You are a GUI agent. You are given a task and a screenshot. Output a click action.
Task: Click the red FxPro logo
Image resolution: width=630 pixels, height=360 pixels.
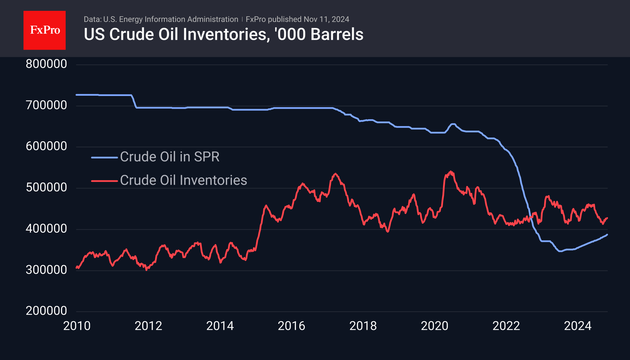[45, 30]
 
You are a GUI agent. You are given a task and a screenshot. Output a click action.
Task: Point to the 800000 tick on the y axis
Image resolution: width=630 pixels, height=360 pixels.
[46, 64]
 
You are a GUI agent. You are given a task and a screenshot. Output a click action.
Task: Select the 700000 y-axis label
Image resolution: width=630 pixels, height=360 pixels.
[46, 105]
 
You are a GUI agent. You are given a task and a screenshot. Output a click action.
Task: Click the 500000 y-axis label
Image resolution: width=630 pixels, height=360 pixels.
[46, 187]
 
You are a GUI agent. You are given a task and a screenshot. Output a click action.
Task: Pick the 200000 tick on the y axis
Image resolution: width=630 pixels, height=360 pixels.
[46, 311]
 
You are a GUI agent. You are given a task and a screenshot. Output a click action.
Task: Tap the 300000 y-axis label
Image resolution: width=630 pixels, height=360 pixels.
[46, 270]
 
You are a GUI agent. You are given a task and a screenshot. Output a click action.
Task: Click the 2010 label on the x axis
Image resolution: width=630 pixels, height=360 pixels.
[77, 326]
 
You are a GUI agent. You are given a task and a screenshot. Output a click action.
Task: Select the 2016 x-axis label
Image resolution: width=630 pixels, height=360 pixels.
[292, 326]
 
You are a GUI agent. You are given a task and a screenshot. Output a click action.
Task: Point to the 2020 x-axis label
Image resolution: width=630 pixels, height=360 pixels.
[435, 326]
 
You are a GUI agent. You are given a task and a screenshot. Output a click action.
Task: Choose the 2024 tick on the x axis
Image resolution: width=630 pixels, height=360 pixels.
[578, 326]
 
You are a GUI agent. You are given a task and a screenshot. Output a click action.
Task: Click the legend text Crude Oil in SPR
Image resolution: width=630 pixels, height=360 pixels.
[170, 157]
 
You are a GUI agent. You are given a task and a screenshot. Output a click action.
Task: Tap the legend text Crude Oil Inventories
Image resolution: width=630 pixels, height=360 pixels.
[184, 180]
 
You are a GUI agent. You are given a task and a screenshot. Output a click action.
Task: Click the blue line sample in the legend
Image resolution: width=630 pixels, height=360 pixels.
[104, 157]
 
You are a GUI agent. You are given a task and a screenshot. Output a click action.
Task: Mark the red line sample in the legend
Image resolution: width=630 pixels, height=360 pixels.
[104, 181]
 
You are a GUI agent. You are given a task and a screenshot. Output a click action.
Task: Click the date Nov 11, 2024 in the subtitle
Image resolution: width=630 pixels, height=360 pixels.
[326, 19]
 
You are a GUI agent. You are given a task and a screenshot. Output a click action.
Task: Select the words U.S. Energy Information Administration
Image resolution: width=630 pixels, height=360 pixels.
[171, 19]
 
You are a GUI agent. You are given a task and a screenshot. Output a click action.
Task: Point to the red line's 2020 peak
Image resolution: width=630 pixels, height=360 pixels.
[451, 172]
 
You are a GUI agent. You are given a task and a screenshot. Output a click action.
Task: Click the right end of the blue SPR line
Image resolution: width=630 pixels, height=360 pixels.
[607, 234]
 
